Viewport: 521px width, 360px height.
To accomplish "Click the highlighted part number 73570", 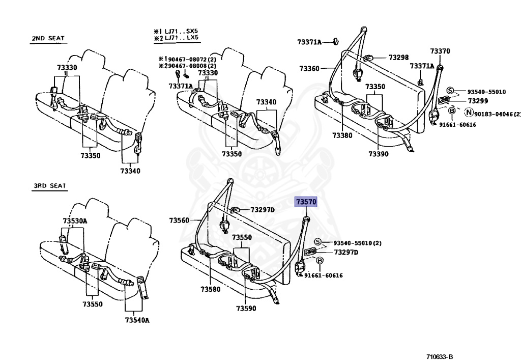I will (306, 202).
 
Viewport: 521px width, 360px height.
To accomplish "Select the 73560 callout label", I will (179, 220).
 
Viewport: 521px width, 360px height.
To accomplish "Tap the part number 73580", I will (210, 289).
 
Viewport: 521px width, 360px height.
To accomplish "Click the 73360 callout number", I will (309, 69).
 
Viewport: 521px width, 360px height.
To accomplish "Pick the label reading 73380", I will (342, 135).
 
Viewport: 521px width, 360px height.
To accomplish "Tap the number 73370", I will (440, 51).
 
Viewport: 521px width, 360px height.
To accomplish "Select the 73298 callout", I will (399, 58).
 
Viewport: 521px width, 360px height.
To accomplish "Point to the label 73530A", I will (75, 221).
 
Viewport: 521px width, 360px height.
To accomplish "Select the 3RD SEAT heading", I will (50, 186).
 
